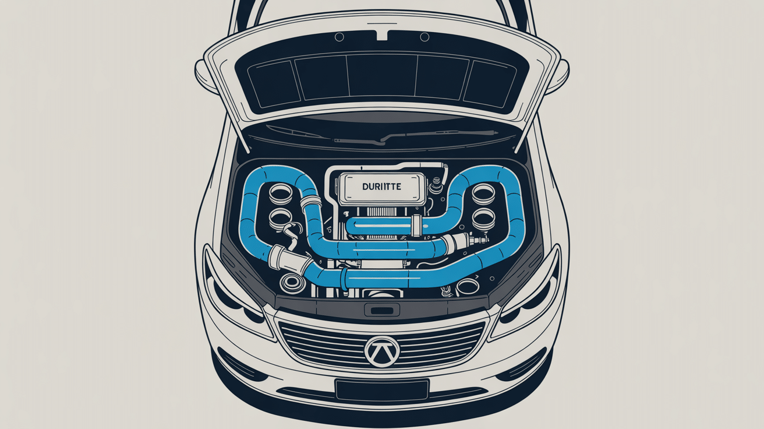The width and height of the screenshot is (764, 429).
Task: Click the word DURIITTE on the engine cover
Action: point(381,187)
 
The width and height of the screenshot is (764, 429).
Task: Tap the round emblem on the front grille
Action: point(381,351)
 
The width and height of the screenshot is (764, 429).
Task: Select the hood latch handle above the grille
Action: point(382,310)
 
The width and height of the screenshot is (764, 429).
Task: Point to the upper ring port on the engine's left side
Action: point(281,194)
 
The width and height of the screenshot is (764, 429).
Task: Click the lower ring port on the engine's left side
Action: point(280,218)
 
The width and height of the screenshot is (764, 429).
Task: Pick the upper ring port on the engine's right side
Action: point(483,193)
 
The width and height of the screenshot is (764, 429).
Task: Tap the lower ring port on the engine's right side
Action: point(484,218)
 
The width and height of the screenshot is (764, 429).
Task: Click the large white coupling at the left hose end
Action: point(290,260)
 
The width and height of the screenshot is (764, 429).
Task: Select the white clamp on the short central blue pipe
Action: point(416,226)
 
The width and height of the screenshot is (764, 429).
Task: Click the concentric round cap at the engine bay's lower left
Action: point(292,282)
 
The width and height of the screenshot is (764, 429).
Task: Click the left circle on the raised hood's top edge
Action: point(339,37)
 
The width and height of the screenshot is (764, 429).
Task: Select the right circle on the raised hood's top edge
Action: point(425,37)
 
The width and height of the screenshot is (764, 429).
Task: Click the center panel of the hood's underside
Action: point(382,76)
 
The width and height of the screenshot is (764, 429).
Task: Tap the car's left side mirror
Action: point(204,76)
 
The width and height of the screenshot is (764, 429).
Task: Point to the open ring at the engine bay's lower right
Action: point(468,286)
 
